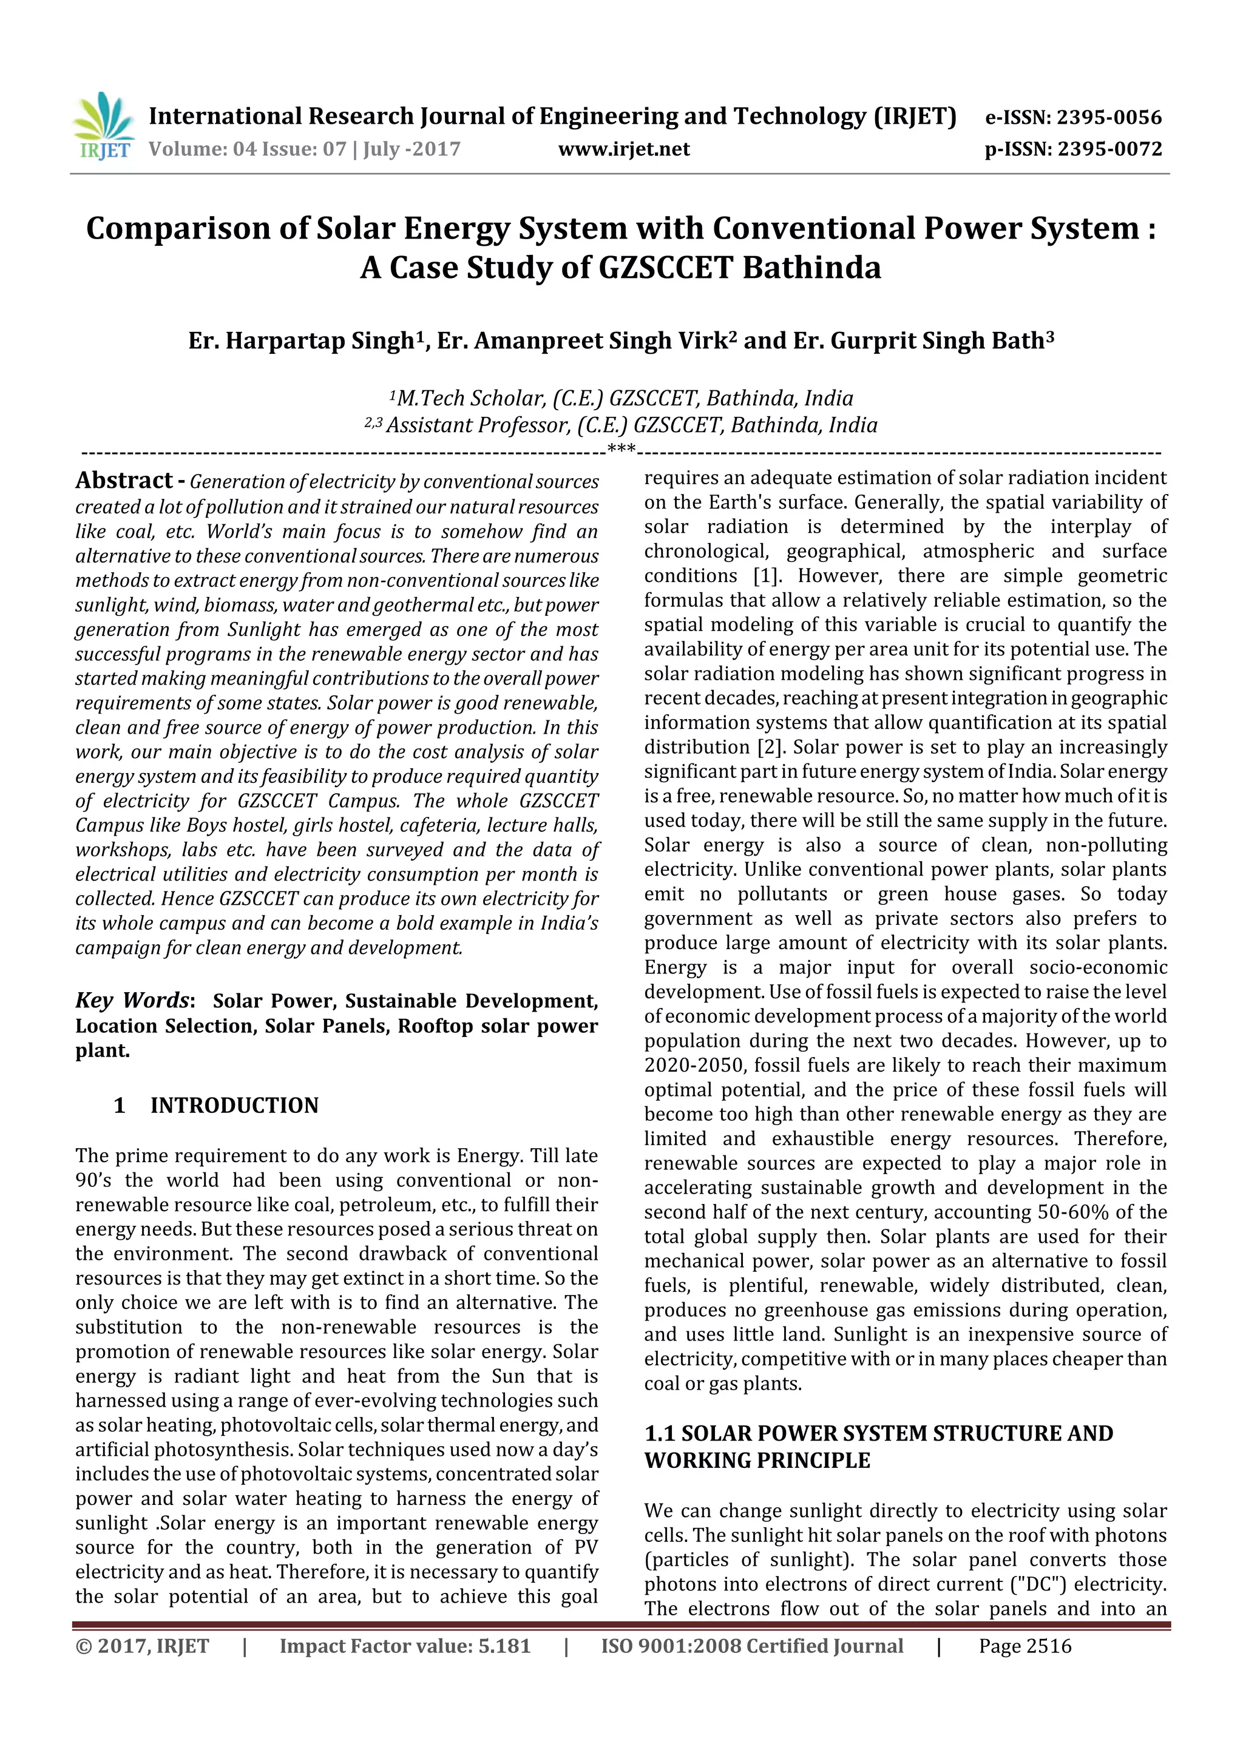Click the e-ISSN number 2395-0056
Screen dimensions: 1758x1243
coord(1109,117)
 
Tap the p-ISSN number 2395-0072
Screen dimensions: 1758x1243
coord(1109,149)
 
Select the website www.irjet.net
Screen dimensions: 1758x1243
coord(623,149)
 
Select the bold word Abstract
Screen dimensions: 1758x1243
coord(124,480)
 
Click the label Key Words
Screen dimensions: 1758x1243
coord(132,1000)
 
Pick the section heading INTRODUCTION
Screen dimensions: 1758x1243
coord(234,1105)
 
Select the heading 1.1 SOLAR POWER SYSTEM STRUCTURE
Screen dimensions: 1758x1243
coord(878,1433)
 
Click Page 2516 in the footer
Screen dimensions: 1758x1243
coord(1025,1646)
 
